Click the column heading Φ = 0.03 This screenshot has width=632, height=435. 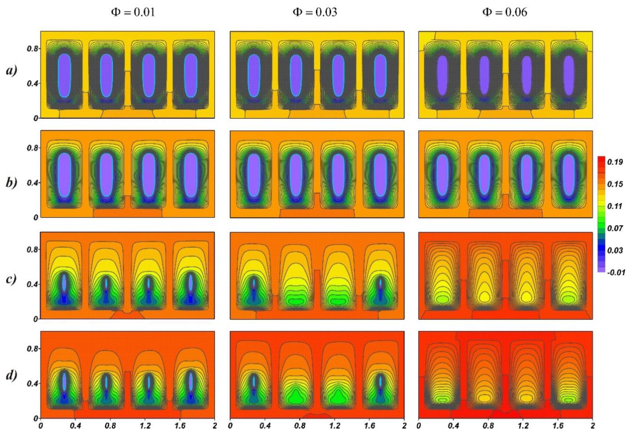coord(315,12)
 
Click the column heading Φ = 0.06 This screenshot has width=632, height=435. coord(505,12)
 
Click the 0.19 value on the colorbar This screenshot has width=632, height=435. coord(615,162)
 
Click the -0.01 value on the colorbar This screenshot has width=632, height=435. coord(616,272)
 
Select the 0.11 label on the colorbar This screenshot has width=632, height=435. coord(615,206)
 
